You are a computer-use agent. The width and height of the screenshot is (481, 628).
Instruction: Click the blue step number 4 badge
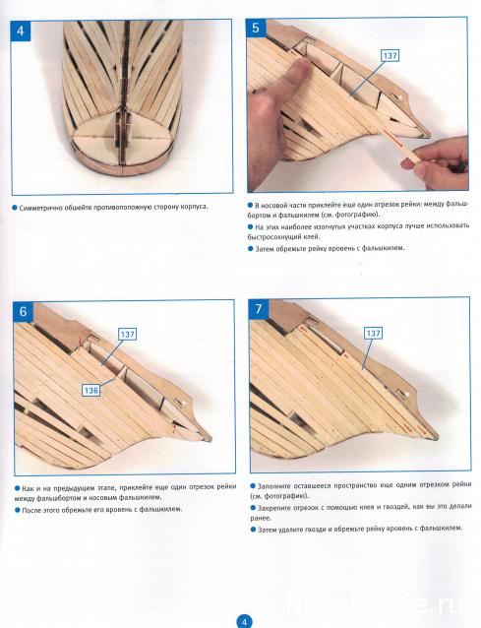[x=21, y=31]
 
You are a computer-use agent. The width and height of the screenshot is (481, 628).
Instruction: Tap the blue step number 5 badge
[x=256, y=28]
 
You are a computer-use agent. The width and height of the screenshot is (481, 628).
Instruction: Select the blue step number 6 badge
[x=24, y=311]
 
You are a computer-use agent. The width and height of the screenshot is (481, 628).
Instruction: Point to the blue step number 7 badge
[x=258, y=309]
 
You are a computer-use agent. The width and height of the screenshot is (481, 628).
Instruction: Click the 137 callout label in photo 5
[x=390, y=55]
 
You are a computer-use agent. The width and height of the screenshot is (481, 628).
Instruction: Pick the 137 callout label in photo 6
[x=128, y=334]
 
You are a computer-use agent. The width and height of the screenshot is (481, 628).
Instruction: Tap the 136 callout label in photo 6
[x=91, y=390]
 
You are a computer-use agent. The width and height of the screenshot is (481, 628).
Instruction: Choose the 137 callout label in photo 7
[x=373, y=334]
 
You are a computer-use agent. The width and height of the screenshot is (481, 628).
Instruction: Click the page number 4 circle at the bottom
[x=245, y=621]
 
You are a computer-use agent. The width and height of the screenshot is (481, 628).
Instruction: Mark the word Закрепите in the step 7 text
[x=272, y=508]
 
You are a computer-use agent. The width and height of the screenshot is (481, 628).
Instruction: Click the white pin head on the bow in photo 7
[x=406, y=394]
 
